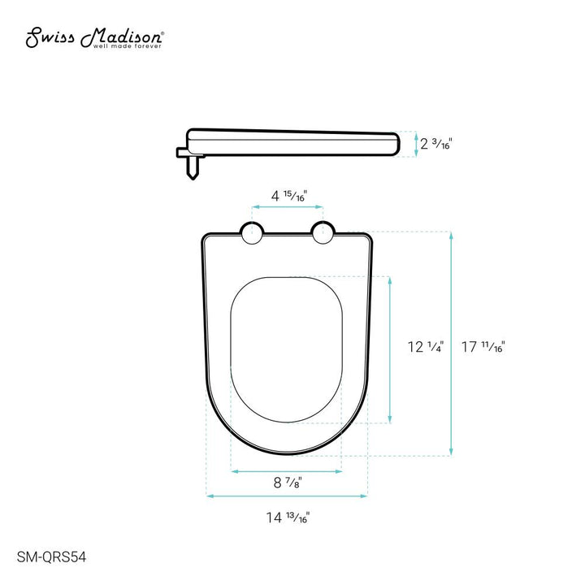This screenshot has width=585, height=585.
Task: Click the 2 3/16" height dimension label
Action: [x=436, y=145]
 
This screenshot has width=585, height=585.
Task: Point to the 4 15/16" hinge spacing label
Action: [x=288, y=195]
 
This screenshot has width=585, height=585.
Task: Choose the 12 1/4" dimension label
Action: [x=425, y=348]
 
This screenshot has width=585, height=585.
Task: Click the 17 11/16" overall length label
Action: [x=483, y=348]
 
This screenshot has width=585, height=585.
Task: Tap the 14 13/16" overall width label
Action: [x=287, y=517]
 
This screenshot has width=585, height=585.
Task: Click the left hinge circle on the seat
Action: [x=252, y=234]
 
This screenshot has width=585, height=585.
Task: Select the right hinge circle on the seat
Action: [x=323, y=234]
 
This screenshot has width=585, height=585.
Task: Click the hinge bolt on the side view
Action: [x=192, y=167]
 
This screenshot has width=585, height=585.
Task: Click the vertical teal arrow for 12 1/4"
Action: [x=391, y=349]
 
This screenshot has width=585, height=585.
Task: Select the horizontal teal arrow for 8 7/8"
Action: [x=287, y=470]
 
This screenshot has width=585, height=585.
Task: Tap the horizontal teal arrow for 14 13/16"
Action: [x=287, y=495]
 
